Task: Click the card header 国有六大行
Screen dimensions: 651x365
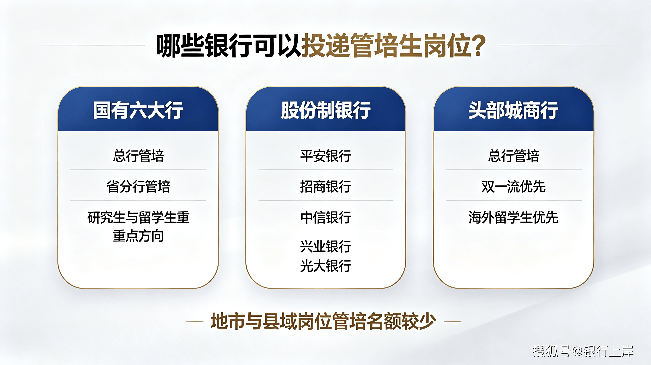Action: tap(138, 110)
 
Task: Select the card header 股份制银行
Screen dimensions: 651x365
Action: tap(326, 110)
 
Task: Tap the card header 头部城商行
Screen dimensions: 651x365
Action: tap(513, 110)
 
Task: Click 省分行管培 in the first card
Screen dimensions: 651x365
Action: tap(138, 186)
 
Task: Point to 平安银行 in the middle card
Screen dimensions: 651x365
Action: tap(326, 156)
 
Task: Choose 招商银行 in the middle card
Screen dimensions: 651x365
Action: tap(326, 186)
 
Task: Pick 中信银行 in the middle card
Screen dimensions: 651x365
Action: tap(326, 217)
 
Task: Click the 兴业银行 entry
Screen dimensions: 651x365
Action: tap(326, 246)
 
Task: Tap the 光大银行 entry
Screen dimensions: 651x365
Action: tap(326, 266)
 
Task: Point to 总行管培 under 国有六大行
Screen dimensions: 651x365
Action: tap(138, 156)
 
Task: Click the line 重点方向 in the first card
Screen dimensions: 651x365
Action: tap(138, 236)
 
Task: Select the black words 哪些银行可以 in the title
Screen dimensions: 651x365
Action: tap(229, 45)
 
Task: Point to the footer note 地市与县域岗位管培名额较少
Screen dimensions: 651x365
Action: tap(323, 321)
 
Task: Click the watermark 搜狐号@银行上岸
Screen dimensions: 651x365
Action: tap(583, 351)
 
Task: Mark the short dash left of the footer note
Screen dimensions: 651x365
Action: tap(195, 322)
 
